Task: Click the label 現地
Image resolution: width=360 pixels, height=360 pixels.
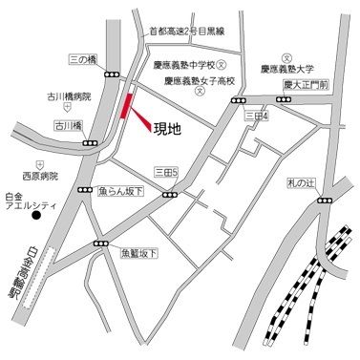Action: point(168,127)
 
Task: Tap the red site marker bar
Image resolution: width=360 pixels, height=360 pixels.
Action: point(125,107)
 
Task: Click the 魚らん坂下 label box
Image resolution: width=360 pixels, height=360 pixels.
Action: point(119,191)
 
